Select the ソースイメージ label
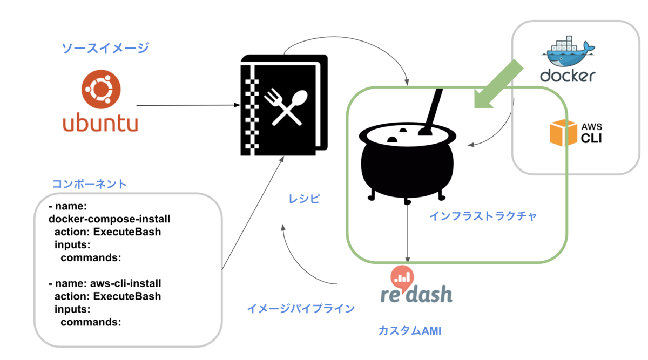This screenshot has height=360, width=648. pyautogui.click(x=105, y=49)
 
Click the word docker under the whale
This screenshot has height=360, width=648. pyautogui.click(x=568, y=76)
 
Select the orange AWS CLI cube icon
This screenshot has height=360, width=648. pyautogui.click(x=563, y=132)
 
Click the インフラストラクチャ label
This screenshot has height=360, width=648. pyautogui.click(x=483, y=216)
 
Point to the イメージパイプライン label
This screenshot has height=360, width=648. pyautogui.click(x=301, y=309)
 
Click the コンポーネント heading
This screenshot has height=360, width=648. pyautogui.click(x=90, y=184)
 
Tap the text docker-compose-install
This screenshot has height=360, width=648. pyautogui.click(x=110, y=219)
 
